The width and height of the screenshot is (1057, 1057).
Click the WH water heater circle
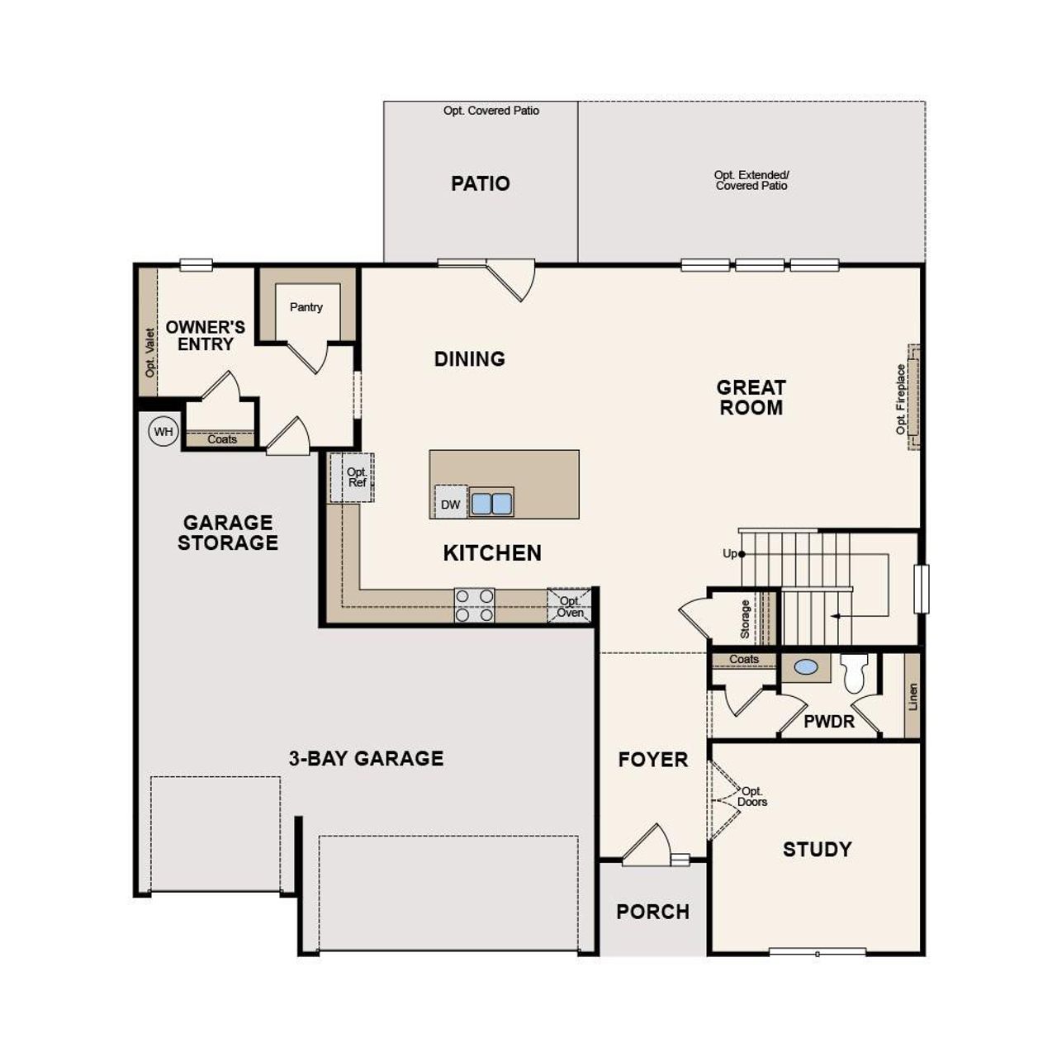click(164, 431)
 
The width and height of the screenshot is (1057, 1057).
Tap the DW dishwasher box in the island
click(450, 504)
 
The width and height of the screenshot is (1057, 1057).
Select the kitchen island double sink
click(491, 503)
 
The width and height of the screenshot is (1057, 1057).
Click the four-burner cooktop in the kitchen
click(474, 604)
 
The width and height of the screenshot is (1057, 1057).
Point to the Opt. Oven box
click(570, 606)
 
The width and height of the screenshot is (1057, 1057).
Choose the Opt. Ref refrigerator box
click(353, 477)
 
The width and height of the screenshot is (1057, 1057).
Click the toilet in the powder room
click(854, 672)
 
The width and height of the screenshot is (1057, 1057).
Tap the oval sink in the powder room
click(805, 666)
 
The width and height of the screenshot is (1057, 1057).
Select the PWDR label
click(828, 722)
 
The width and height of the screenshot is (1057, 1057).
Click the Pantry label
click(306, 307)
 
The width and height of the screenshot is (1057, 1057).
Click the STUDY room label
click(817, 850)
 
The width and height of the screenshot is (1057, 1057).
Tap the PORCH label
click(652, 912)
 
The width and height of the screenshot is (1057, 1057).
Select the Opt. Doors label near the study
click(752, 796)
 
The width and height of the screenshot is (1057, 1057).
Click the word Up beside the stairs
click(730, 553)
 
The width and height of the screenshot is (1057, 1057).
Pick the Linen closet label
click(912, 695)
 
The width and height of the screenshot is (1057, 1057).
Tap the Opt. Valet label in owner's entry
click(149, 353)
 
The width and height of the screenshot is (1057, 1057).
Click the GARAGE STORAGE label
click(227, 533)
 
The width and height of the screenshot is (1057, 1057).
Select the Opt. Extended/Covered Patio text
click(751, 180)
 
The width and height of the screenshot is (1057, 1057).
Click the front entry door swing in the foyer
click(648, 846)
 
